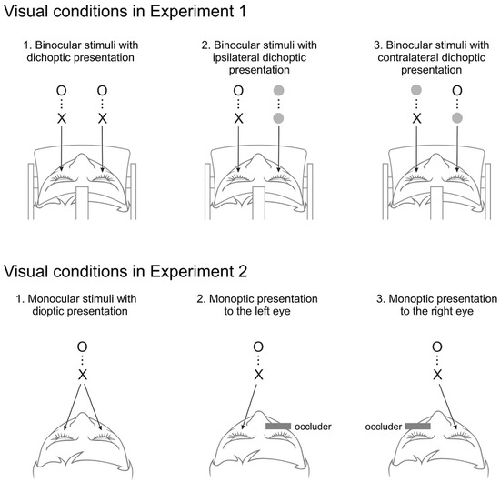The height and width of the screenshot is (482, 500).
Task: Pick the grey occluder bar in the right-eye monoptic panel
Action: click(x=417, y=426)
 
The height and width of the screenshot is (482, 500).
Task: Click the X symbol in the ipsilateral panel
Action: click(x=238, y=119)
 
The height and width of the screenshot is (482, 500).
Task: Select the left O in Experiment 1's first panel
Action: click(x=57, y=91)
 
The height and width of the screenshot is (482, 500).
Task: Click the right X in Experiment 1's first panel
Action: click(x=102, y=119)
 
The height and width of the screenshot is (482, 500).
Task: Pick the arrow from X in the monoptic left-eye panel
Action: click(x=249, y=400)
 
